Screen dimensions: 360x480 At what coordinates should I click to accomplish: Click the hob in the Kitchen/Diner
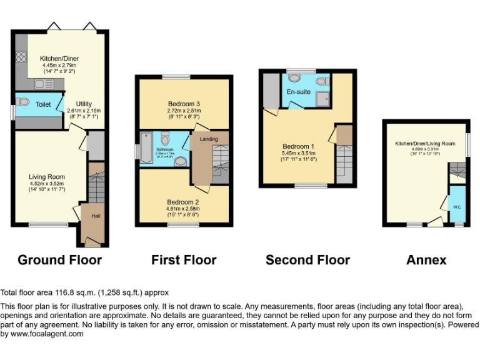pos(20,56)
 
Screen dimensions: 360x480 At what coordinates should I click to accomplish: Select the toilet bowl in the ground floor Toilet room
pos(23,102)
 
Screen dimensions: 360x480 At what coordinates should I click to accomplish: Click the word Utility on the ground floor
pos(84,104)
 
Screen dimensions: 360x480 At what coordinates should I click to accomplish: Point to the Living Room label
pos(47,177)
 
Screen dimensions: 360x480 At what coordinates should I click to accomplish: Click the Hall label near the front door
pos(96,216)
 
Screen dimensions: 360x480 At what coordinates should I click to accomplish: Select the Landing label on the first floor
pos(209,139)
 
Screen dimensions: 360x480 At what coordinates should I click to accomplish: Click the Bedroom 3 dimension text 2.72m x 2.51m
pos(184,111)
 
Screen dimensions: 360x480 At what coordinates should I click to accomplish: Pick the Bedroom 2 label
pos(183,202)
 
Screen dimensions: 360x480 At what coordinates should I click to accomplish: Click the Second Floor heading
pos(307,259)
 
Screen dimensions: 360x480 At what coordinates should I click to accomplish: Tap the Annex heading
pos(426,259)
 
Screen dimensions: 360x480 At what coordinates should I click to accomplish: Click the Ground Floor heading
pos(59,259)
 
